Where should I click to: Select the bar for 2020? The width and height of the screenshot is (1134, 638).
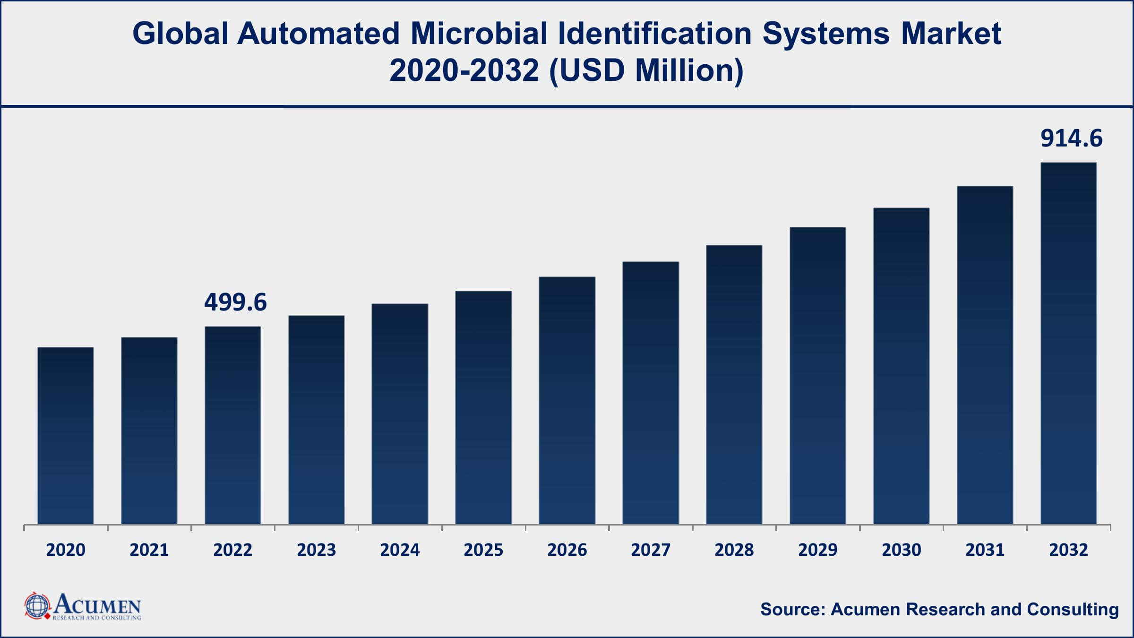pyautogui.click(x=66, y=436)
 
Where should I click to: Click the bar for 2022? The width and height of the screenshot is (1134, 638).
pyautogui.click(x=232, y=425)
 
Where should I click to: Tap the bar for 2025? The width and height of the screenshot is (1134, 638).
pyautogui.click(x=483, y=407)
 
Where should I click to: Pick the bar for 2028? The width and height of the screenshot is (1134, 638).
pyautogui.click(x=734, y=385)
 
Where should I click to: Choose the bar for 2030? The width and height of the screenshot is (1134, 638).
pyautogui.click(x=901, y=366)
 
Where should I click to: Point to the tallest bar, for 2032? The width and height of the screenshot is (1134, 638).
pyautogui.click(x=1068, y=344)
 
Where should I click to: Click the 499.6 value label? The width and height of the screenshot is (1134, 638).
pyautogui.click(x=235, y=302)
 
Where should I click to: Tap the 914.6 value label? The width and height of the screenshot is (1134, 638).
pyautogui.click(x=1071, y=139)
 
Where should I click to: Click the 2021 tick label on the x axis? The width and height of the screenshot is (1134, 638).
pyautogui.click(x=149, y=550)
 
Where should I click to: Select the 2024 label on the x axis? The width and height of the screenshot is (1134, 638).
pyautogui.click(x=400, y=550)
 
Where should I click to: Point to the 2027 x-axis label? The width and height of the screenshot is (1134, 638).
pyautogui.click(x=651, y=550)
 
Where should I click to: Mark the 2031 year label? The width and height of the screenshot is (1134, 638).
pyautogui.click(x=985, y=550)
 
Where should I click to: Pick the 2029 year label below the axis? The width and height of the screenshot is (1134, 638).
pyautogui.click(x=818, y=550)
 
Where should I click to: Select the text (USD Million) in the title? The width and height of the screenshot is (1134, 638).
pyautogui.click(x=646, y=71)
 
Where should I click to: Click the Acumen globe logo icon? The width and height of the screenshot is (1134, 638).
pyautogui.click(x=37, y=606)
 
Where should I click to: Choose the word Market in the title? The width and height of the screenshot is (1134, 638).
pyautogui.click(x=951, y=34)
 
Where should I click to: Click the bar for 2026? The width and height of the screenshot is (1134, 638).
pyautogui.click(x=567, y=400)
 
